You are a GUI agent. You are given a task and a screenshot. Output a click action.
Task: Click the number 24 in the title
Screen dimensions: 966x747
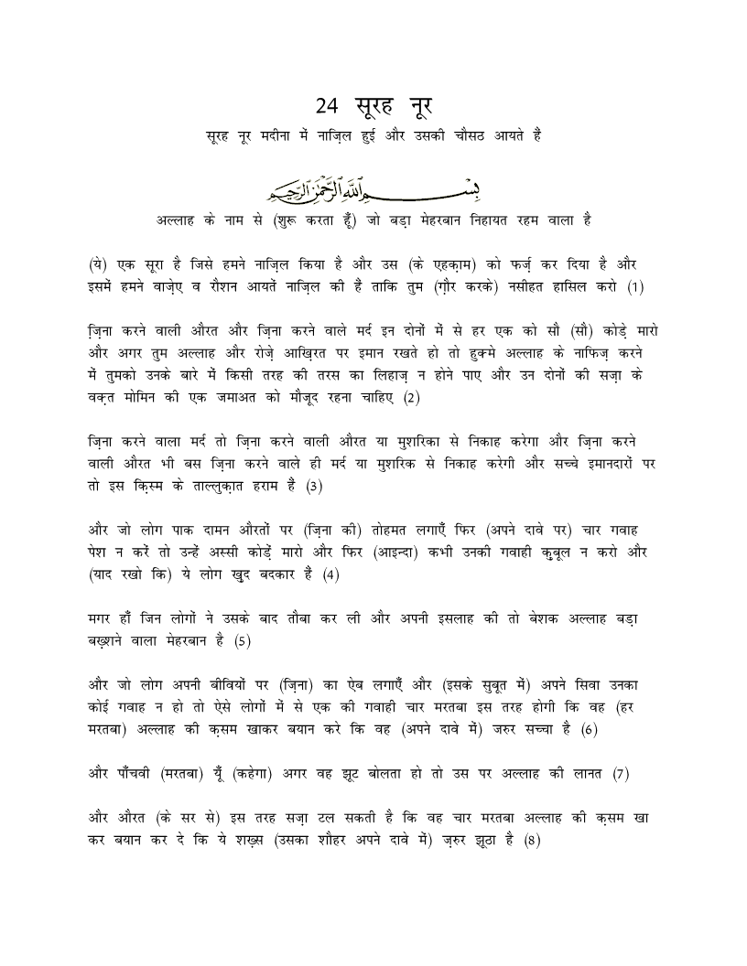tap(327, 106)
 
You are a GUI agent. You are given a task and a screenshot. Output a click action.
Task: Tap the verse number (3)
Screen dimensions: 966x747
tap(314, 487)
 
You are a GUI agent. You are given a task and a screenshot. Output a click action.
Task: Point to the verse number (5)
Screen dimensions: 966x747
tap(242, 641)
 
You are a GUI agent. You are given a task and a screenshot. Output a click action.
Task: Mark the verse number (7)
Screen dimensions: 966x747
tap(622, 774)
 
